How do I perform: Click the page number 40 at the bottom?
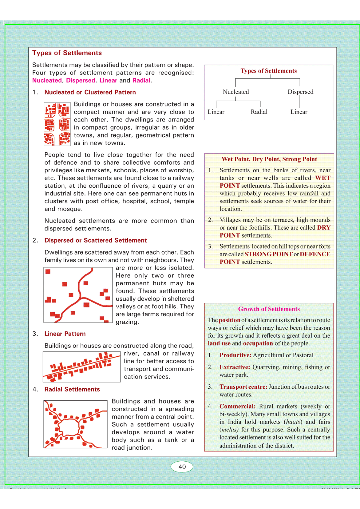click(x=182, y=466)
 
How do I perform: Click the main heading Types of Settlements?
click(x=67, y=53)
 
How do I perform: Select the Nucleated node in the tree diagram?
click(x=236, y=92)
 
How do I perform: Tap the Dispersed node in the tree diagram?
click(x=300, y=92)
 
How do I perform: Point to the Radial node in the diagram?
click(x=259, y=112)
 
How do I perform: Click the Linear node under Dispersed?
click(x=299, y=112)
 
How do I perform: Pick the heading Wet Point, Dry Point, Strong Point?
click(x=269, y=159)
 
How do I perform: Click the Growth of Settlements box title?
click(x=269, y=309)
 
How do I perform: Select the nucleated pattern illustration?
click(x=57, y=124)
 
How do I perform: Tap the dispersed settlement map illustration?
click(x=78, y=295)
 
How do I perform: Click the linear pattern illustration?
click(x=82, y=367)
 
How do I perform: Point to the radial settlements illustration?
click(x=75, y=424)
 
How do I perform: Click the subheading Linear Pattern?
click(x=65, y=334)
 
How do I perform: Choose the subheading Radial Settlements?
click(x=72, y=389)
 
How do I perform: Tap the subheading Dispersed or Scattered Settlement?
click(x=96, y=240)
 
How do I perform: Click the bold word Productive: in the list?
click(x=235, y=355)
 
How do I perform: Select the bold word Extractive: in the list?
click(x=235, y=367)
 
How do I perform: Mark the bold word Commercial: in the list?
click(x=237, y=407)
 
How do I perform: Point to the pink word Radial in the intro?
click(x=141, y=80)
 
